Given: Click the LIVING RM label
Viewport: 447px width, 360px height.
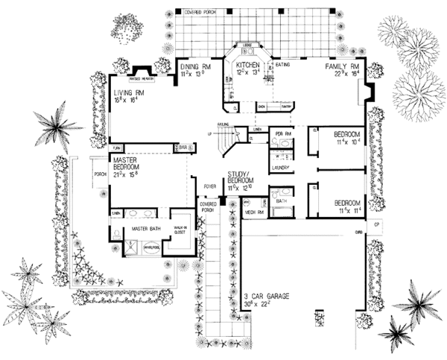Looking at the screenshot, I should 129,92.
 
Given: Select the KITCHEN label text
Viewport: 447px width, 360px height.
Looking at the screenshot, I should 248,66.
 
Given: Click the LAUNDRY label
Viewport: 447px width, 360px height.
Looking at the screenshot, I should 281,168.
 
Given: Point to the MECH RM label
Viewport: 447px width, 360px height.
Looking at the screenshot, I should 257,212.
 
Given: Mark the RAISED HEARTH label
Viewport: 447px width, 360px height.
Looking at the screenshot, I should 141,78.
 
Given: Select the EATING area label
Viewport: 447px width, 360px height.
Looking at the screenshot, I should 283,65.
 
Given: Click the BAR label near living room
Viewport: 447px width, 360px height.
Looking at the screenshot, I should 181,147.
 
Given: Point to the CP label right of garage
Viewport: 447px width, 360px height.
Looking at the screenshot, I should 377,224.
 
